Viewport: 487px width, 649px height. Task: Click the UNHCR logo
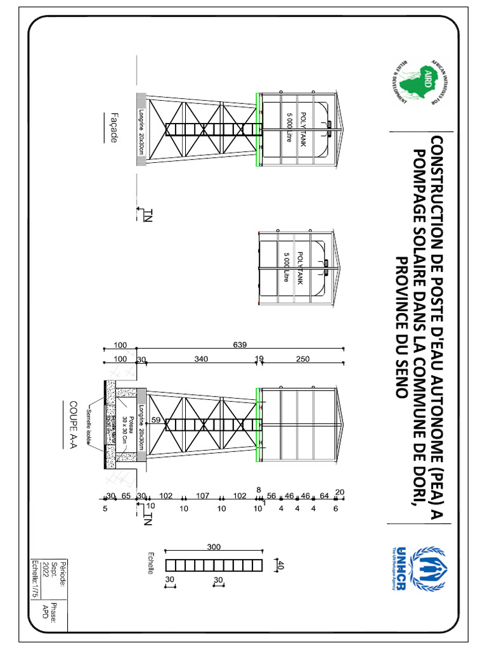418,565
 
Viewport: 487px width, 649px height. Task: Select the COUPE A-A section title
74,423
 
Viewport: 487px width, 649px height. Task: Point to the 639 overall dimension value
240,345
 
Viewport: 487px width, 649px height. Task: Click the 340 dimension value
201,359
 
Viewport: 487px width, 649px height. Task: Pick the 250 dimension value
302,359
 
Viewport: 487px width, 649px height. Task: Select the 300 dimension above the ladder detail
214,546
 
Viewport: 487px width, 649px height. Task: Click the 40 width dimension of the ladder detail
279,564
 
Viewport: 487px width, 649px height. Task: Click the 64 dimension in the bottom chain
325,496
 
